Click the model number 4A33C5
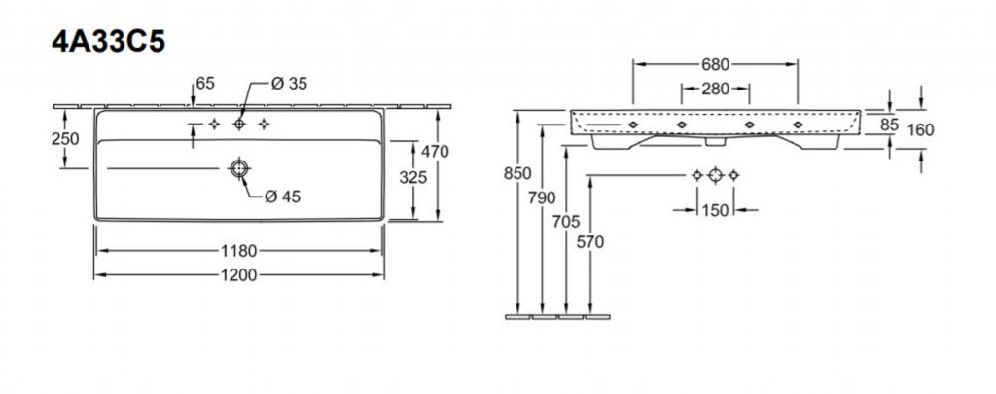coord(109,41)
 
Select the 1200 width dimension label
coord(239,275)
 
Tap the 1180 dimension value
coord(239,251)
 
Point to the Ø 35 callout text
coord(289,84)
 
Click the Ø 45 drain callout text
coord(283,197)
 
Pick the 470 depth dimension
coord(435,151)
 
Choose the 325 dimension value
coord(412,178)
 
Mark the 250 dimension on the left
coord(65,138)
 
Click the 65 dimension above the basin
coord(205,84)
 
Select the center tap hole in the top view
coord(239,124)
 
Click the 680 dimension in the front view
coord(715,64)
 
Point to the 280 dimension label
coord(715,89)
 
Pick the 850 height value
coord(517,173)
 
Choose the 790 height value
coord(542,197)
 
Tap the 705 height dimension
coord(566,222)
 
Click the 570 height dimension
coord(590,242)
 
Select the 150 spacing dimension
coord(715,210)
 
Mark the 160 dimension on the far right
coord(920,130)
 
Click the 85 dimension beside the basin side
coord(889,125)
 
